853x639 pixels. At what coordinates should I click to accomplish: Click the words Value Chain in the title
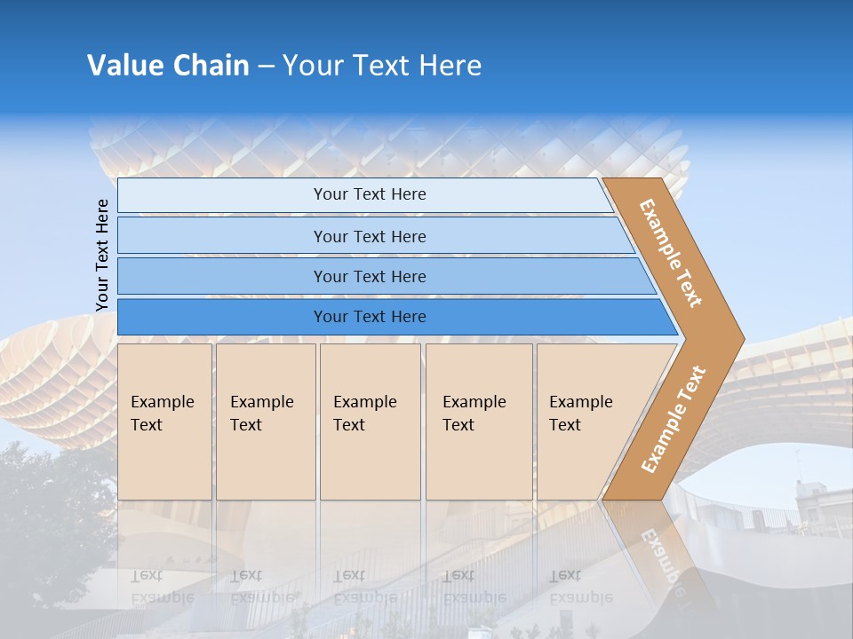click(168, 66)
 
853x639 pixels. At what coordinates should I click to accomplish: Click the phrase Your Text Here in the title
click(381, 66)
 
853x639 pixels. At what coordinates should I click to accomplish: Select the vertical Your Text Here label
click(102, 255)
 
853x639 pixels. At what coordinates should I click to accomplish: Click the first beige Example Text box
click(164, 422)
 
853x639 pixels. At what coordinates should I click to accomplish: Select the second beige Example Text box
click(265, 422)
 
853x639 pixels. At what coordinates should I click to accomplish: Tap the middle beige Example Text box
click(370, 422)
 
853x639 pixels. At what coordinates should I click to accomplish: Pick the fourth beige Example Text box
click(479, 422)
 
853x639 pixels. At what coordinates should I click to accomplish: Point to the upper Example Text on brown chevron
click(671, 253)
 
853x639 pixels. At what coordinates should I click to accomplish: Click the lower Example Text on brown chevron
click(674, 419)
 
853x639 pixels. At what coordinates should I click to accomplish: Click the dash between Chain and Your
click(266, 67)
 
